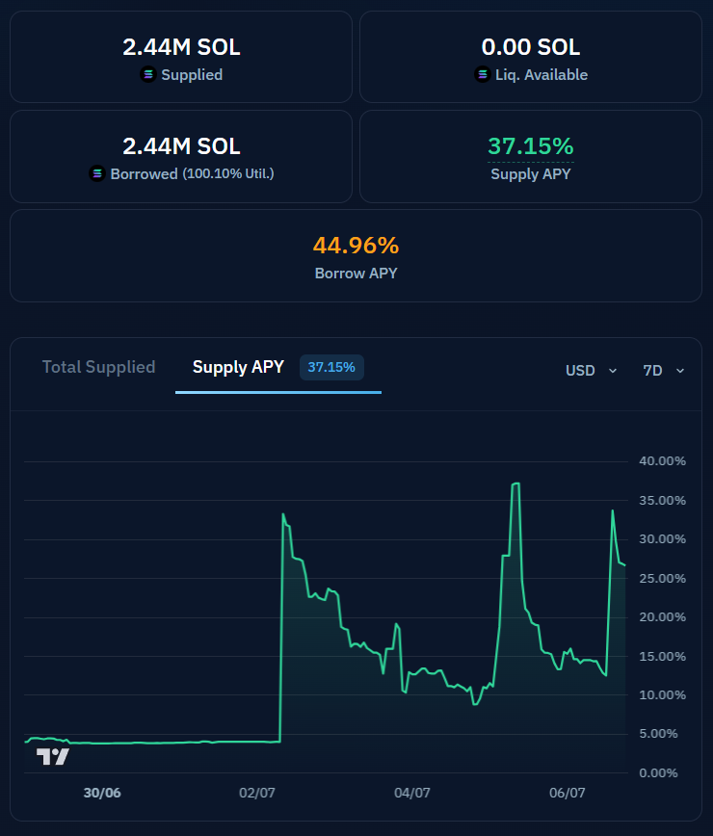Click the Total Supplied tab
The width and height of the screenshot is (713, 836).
tap(98, 367)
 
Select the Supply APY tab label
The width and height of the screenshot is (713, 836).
tap(238, 367)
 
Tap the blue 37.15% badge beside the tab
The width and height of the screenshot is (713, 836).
tap(331, 367)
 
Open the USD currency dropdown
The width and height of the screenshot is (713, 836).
tap(591, 371)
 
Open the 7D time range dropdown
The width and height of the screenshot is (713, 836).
tap(664, 371)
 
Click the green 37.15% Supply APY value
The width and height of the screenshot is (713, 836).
tap(531, 146)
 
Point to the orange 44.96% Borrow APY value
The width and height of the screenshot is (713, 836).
tap(356, 246)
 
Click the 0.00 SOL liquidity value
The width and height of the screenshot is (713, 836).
tap(531, 47)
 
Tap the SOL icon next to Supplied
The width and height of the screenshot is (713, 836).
tap(148, 75)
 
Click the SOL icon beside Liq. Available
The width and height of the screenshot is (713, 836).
tap(482, 75)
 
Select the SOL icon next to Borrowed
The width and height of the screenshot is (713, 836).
tap(97, 173)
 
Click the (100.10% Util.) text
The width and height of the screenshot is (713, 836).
tap(228, 173)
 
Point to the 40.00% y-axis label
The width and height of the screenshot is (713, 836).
tap(662, 461)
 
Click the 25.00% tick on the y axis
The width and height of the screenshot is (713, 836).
tap(662, 579)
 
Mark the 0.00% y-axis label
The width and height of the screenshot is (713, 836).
tap(659, 773)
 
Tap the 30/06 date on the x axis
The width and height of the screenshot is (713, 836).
tap(102, 793)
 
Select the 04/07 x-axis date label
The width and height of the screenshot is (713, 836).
tap(411, 793)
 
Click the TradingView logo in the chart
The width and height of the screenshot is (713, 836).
tap(53, 757)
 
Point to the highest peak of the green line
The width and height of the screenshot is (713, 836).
tap(515, 483)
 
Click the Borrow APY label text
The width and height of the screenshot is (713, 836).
tap(356, 274)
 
